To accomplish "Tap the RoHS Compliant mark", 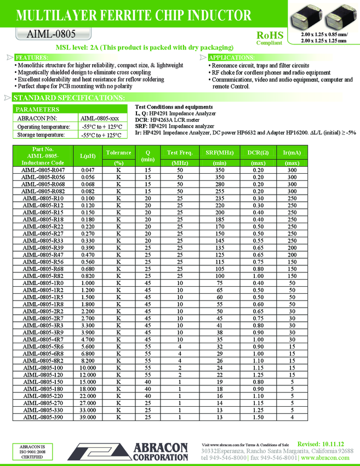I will (270, 38).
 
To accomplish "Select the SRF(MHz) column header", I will (219, 152).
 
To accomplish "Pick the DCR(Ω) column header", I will (258, 152).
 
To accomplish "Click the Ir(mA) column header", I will (292, 152).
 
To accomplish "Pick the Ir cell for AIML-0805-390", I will (292, 417).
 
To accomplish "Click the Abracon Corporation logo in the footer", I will (154, 451).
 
